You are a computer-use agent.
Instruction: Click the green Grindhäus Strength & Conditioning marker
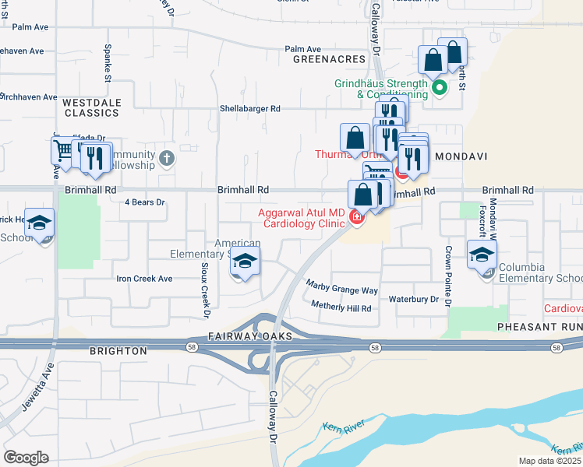point(439,88)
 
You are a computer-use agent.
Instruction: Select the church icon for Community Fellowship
point(165,159)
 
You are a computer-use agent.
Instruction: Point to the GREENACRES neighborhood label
point(329,59)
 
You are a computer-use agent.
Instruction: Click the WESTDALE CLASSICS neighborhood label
point(90,107)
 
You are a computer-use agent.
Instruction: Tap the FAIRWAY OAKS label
point(249,336)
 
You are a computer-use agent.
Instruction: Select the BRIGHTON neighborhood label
point(118,351)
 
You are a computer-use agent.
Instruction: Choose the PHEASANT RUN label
point(539,328)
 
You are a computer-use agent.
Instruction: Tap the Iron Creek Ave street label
point(144,278)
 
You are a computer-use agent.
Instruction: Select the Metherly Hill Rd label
point(341,308)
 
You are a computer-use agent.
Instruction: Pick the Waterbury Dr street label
point(414,299)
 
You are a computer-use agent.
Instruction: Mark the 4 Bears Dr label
point(146,202)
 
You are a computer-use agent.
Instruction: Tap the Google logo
point(26,458)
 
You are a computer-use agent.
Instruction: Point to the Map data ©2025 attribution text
point(550,461)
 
